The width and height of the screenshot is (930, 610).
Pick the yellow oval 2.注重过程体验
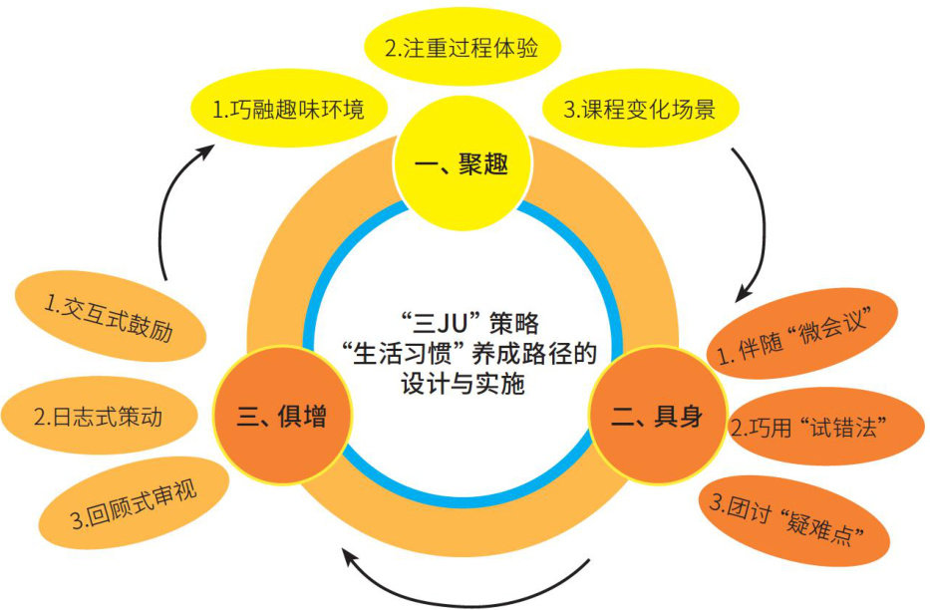(x=460, y=48)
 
